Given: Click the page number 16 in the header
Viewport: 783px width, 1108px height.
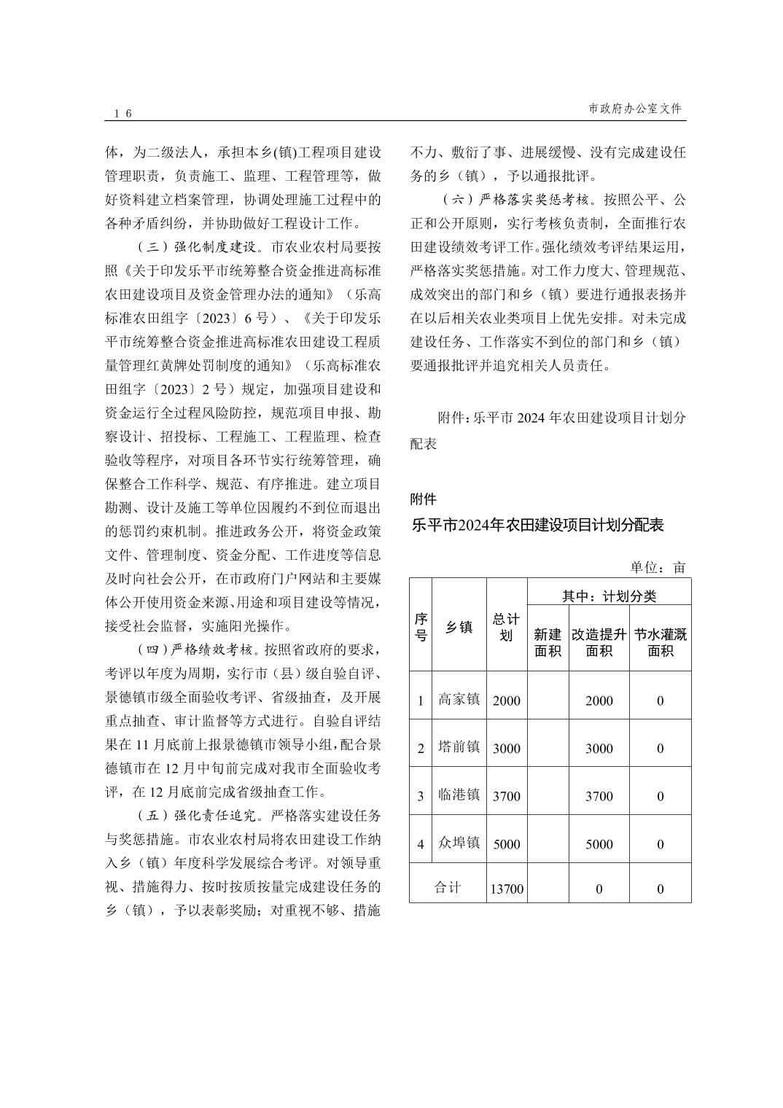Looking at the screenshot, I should point(122,113).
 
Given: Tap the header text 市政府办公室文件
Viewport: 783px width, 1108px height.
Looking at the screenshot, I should point(635,109).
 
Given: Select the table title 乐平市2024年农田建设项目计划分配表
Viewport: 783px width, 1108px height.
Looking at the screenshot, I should point(537,526).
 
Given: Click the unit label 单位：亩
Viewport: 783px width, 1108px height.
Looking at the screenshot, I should point(658,567).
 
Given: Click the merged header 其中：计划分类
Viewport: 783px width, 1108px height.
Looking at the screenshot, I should point(609,596).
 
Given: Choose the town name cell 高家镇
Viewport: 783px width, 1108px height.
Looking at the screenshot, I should point(459,700).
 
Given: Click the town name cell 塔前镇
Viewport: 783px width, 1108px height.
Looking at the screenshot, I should point(459,748).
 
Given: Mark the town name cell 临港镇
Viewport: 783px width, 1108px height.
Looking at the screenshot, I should point(459,795).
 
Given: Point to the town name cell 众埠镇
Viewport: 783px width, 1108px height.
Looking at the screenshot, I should point(459,843).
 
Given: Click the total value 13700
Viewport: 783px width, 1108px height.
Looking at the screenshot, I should point(507,889).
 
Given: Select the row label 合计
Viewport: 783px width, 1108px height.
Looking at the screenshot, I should point(448,888).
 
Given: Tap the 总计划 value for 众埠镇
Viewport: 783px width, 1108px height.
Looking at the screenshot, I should point(507,844).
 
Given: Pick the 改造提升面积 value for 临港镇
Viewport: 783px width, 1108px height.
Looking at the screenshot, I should point(599,796).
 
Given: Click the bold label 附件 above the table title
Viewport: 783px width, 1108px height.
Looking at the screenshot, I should point(424,499).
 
